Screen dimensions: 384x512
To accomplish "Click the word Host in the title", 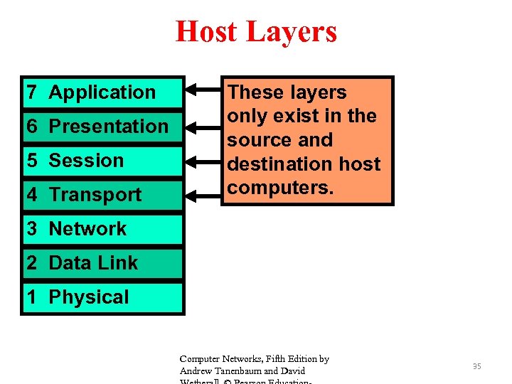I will [206, 32].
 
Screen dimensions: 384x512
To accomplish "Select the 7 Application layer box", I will [102, 92].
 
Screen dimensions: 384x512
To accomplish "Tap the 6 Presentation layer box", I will [102, 127].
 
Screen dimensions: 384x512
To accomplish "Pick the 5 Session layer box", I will [102, 161].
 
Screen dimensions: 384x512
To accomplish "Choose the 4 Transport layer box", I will [102, 195].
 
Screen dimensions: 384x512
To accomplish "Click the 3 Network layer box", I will [102, 229].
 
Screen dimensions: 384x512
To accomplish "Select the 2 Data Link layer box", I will [102, 263].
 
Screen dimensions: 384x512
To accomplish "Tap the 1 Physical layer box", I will [102, 297].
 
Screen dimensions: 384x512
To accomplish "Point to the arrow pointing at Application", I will [203, 92].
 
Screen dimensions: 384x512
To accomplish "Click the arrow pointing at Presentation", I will [203, 126].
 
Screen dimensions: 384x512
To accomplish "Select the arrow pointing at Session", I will [203, 160].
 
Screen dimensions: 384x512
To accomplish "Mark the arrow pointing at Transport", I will [203, 193].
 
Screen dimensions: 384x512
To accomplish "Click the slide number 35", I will [477, 366].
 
